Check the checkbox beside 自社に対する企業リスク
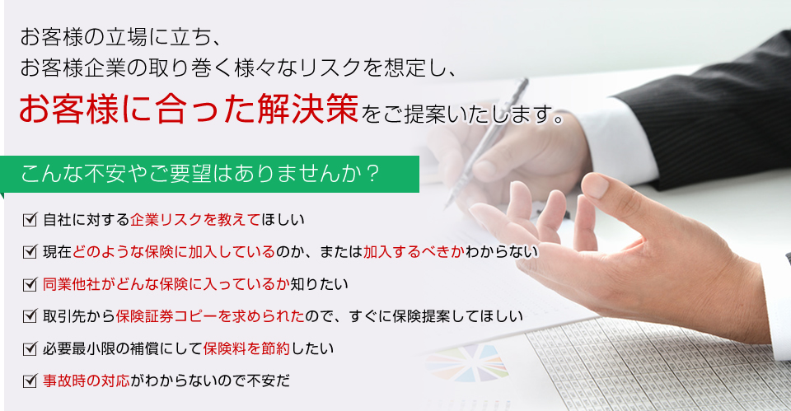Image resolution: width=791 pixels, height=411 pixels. click(31, 219)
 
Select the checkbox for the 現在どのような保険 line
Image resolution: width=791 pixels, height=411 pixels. click(31, 251)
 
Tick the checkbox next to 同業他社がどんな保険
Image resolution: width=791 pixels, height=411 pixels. click(31, 284)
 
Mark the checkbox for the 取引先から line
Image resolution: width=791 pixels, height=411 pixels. click(31, 315)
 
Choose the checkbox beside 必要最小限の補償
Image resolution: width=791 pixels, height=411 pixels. click(31, 348)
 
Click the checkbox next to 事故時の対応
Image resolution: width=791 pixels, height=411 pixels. click(31, 381)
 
